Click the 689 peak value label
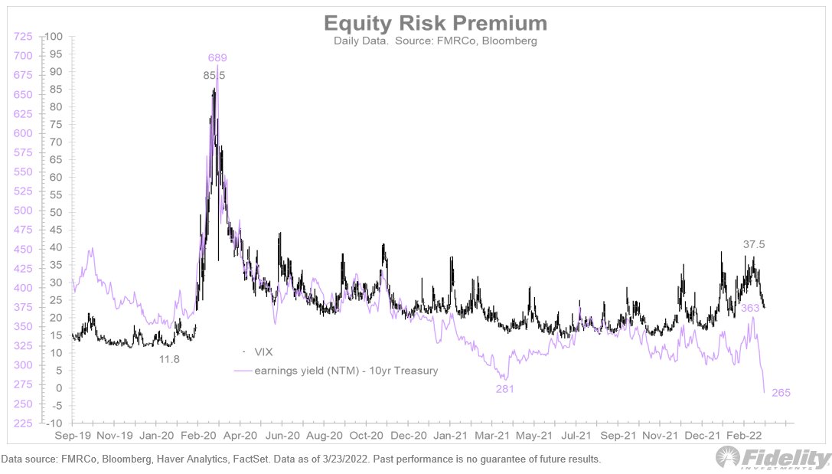(x=217, y=57)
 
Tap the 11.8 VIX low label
(x=168, y=358)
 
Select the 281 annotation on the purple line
(x=504, y=389)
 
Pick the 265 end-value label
(x=780, y=393)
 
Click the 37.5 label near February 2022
(x=754, y=244)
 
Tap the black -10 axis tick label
(x=55, y=423)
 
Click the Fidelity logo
(x=772, y=458)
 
